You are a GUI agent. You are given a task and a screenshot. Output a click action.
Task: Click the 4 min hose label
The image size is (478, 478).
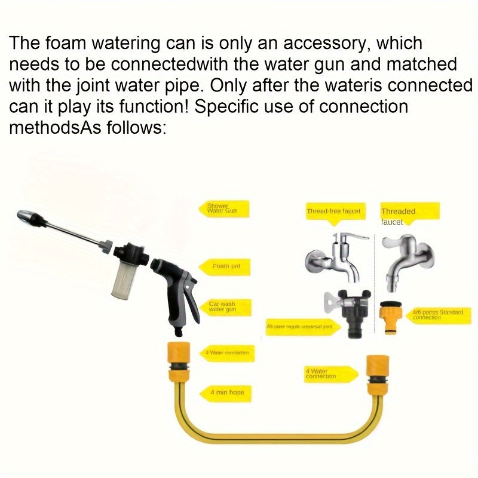point(226,393)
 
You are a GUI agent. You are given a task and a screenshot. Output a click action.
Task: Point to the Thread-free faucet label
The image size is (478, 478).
point(333,211)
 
